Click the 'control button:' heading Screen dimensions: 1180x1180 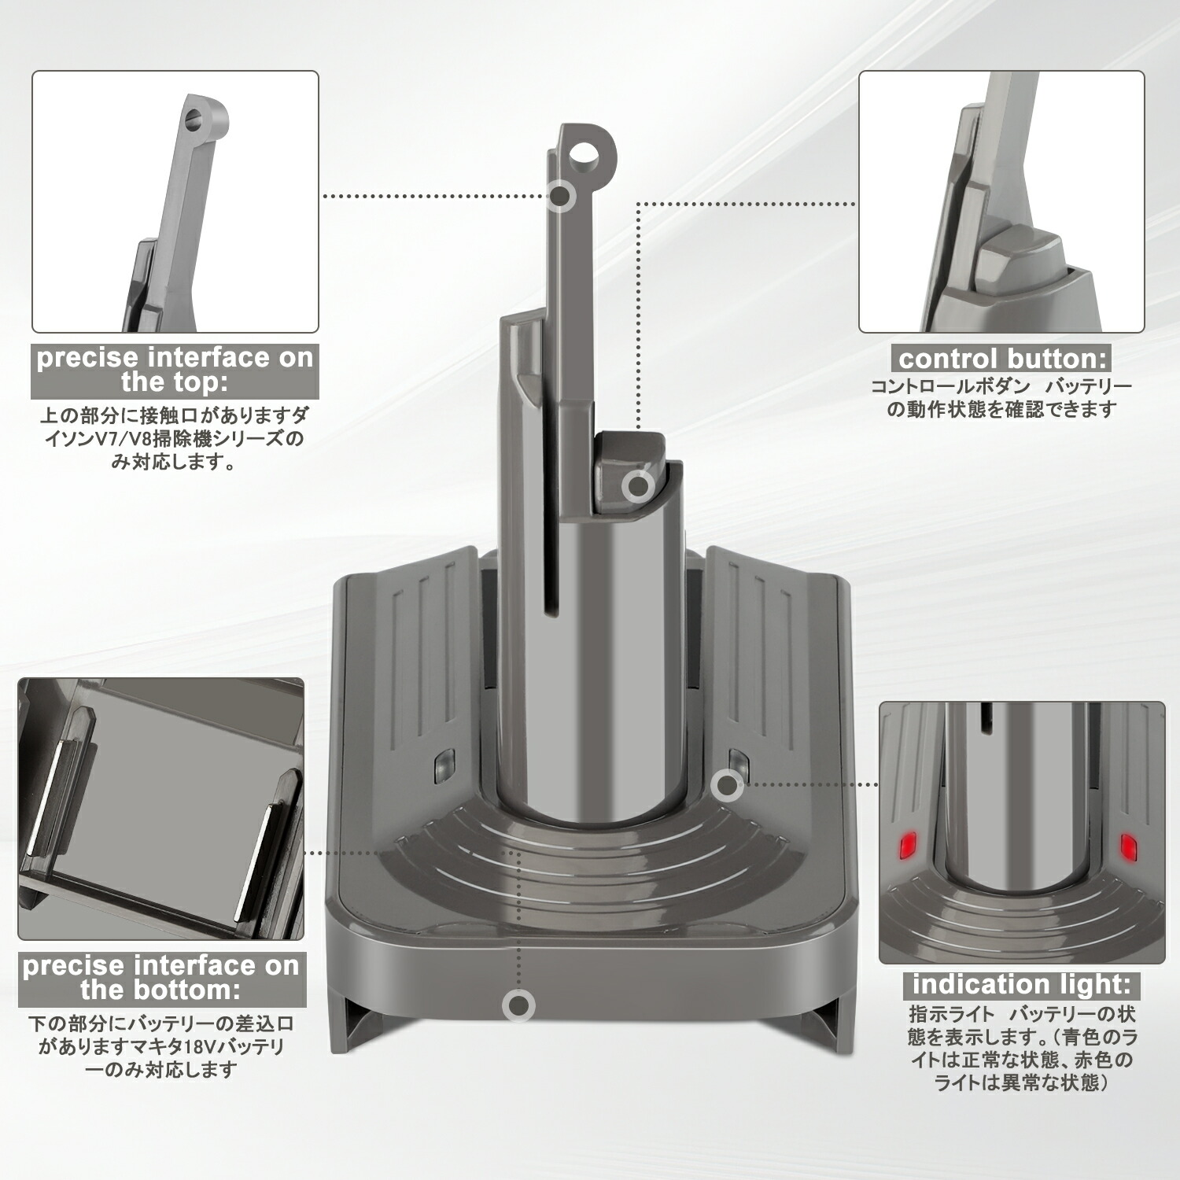(1001, 360)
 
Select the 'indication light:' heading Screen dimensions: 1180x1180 (1021, 984)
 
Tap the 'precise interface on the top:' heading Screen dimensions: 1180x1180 (175, 370)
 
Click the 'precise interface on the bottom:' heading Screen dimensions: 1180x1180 (161, 978)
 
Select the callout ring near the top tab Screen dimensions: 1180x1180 (560, 195)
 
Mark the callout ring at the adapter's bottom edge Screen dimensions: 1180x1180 (518, 1005)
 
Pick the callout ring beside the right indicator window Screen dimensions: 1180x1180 (727, 784)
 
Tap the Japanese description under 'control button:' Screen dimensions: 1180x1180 (1001, 398)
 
